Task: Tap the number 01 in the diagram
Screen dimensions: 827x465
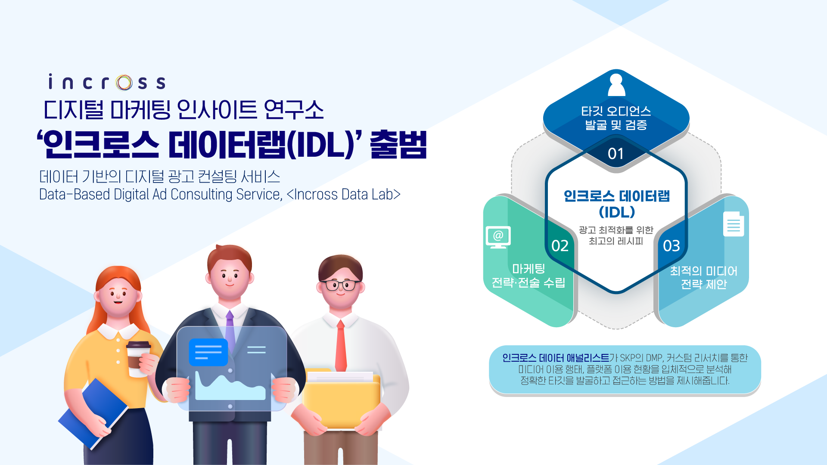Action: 616,154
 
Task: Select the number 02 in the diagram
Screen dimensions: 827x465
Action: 560,246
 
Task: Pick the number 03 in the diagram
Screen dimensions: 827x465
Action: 672,246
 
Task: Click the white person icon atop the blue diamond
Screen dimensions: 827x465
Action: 616,85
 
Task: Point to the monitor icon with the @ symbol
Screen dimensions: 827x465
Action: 498,237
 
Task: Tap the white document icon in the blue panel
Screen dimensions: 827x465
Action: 734,224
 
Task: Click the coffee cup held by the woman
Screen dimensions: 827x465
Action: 138,359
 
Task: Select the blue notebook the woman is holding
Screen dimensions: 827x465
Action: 93,413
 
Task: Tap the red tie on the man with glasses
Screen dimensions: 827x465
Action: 341,346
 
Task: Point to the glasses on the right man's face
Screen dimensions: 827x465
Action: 340,285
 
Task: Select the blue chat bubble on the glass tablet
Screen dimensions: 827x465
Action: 208,352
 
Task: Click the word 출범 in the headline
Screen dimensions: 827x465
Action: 398,145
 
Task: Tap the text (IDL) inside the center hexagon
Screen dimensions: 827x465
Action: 617,212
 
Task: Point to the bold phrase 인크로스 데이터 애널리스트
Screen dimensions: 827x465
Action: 556,358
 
